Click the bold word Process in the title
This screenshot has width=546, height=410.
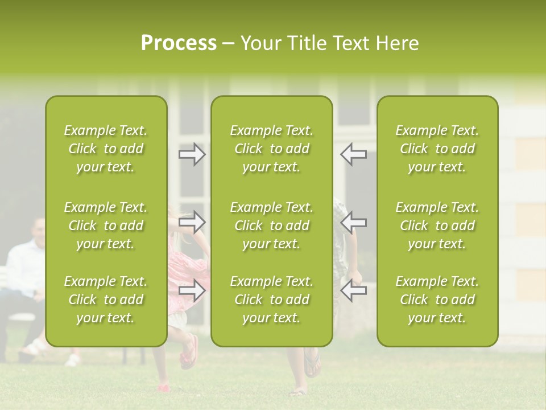(179, 43)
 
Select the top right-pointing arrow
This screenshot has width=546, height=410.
(192, 154)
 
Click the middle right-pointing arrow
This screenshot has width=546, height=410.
(192, 222)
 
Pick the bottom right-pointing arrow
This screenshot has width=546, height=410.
(192, 290)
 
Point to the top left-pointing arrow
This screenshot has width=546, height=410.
(353, 154)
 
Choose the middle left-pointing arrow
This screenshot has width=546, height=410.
(353, 222)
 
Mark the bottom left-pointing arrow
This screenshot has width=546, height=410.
(353, 290)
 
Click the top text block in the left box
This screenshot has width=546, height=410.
(106, 149)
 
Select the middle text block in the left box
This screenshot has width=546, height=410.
(106, 225)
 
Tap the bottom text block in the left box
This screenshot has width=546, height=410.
(106, 300)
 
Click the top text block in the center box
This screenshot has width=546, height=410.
(271, 149)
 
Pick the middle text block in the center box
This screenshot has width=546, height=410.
(271, 225)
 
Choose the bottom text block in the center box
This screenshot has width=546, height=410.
(271, 300)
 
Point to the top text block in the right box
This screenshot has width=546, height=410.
(437, 149)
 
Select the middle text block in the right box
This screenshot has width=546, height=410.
(437, 225)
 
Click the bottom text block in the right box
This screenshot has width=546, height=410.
(437, 300)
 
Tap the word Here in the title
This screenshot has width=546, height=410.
(398, 43)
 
